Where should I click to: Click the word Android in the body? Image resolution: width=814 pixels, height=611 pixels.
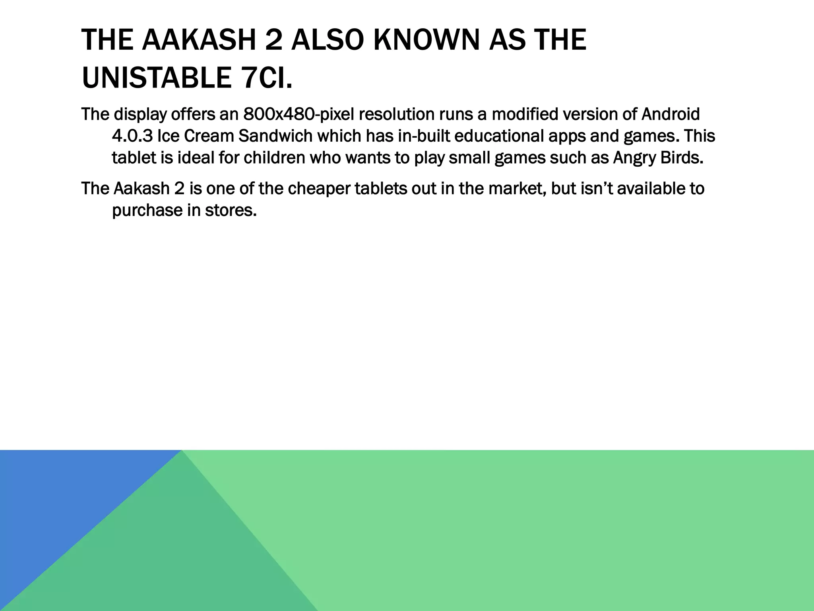(671, 115)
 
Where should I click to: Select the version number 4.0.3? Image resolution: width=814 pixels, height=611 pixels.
(132, 136)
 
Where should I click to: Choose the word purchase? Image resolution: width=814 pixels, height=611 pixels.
(147, 211)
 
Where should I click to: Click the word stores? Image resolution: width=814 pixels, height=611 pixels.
(231, 210)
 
